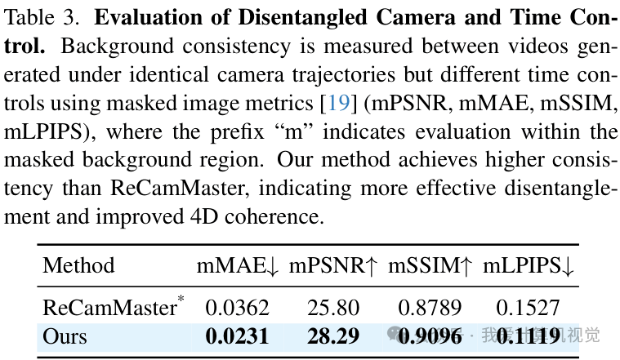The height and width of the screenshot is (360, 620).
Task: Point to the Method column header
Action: pyautogui.click(x=78, y=265)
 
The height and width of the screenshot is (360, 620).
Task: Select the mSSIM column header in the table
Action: pyautogui.click(x=430, y=265)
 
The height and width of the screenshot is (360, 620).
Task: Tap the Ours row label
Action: pyautogui.click(x=65, y=336)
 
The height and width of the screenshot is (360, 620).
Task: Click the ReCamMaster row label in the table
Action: pyautogui.click(x=109, y=308)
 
